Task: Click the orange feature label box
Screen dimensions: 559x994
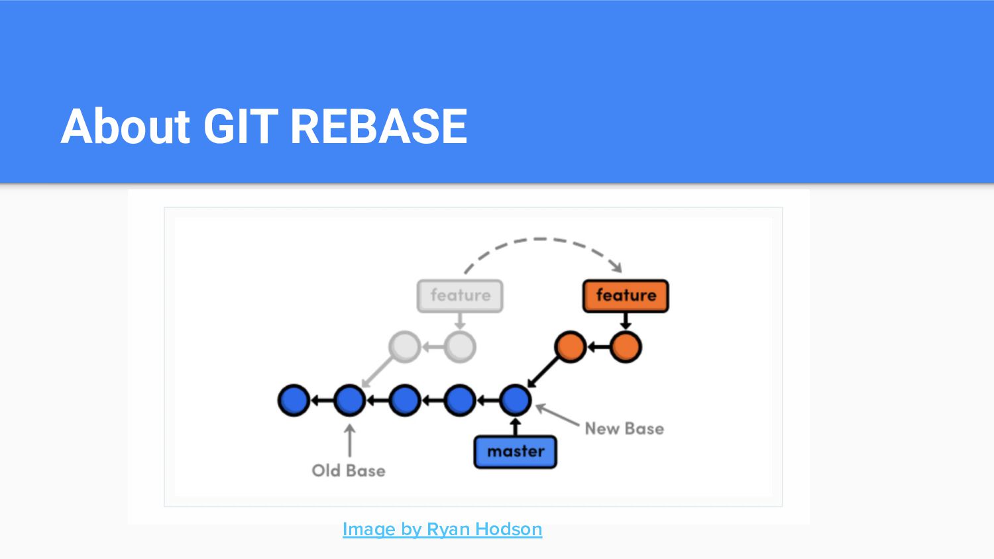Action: pyautogui.click(x=625, y=295)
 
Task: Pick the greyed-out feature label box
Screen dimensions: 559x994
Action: pyautogui.click(x=460, y=295)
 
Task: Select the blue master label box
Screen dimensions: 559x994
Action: pyautogui.click(x=515, y=452)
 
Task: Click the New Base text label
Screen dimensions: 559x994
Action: pyautogui.click(x=624, y=429)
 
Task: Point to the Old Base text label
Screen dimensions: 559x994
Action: pyautogui.click(x=349, y=470)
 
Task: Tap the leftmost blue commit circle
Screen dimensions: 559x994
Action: pyautogui.click(x=294, y=400)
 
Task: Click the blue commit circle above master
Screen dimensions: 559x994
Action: pyautogui.click(x=515, y=400)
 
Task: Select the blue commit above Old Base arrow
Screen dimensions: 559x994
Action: pyautogui.click(x=349, y=400)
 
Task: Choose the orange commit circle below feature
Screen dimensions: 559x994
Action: pyautogui.click(x=625, y=346)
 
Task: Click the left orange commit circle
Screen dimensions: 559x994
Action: pyautogui.click(x=570, y=346)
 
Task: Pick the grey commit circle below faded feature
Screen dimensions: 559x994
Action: pyautogui.click(x=460, y=346)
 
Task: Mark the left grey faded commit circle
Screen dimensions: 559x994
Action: pyautogui.click(x=404, y=346)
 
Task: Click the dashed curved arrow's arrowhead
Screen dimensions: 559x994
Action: pyautogui.click(x=617, y=267)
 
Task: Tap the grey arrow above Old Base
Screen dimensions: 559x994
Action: pyautogui.click(x=349, y=440)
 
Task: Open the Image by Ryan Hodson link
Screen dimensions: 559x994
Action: pyautogui.click(x=442, y=529)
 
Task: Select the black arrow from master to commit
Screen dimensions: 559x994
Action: pyautogui.click(x=515, y=427)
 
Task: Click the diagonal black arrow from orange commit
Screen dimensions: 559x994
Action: pyautogui.click(x=543, y=373)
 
